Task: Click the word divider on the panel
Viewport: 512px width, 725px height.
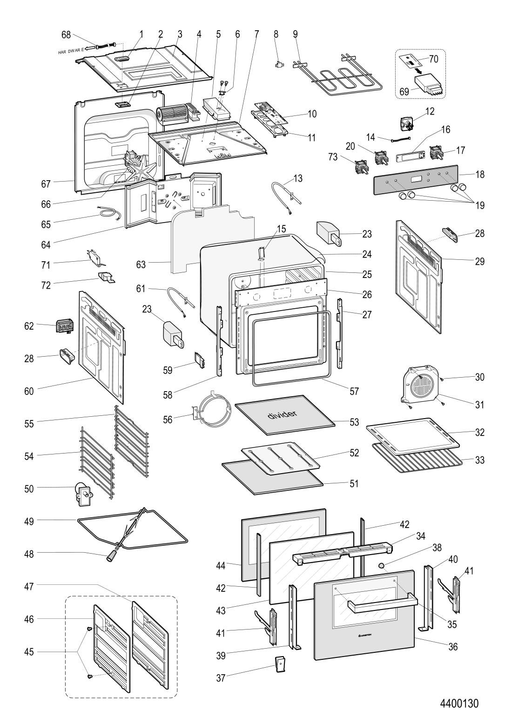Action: [282, 414]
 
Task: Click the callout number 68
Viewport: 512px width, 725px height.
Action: [67, 34]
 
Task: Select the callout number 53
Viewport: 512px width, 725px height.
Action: [354, 422]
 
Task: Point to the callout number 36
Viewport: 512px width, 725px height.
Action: [452, 647]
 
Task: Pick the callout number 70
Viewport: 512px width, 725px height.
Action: [433, 59]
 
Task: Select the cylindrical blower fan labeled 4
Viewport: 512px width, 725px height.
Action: [173, 114]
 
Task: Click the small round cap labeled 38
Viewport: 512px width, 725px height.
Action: [382, 566]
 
